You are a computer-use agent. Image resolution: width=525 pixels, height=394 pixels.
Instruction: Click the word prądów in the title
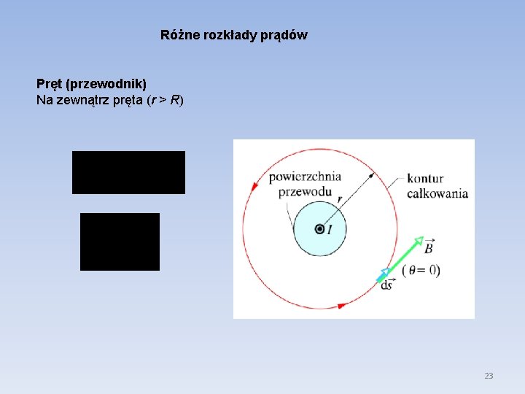pyautogui.click(x=287, y=35)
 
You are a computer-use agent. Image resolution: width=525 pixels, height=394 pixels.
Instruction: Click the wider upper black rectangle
pyautogui.click(x=128, y=172)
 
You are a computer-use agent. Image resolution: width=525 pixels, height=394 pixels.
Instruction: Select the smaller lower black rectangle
pyautogui.click(x=120, y=242)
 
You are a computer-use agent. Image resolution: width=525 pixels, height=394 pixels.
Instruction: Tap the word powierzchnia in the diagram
pyautogui.click(x=305, y=177)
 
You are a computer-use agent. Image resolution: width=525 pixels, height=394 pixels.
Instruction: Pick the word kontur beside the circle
pyautogui.click(x=425, y=178)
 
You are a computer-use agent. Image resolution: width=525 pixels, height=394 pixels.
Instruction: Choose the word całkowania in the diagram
pyautogui.click(x=437, y=193)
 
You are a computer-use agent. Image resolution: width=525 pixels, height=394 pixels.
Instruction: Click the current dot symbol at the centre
pyautogui.click(x=319, y=229)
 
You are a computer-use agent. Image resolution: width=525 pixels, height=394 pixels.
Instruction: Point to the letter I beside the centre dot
pyautogui.click(x=330, y=230)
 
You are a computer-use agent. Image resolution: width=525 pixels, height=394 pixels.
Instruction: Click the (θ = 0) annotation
pyautogui.click(x=421, y=269)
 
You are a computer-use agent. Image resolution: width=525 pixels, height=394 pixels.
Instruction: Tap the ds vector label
pyautogui.click(x=387, y=285)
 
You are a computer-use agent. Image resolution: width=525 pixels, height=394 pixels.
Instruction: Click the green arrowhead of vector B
pyautogui.click(x=418, y=240)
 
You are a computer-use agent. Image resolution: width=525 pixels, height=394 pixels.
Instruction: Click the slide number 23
pyautogui.click(x=489, y=376)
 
